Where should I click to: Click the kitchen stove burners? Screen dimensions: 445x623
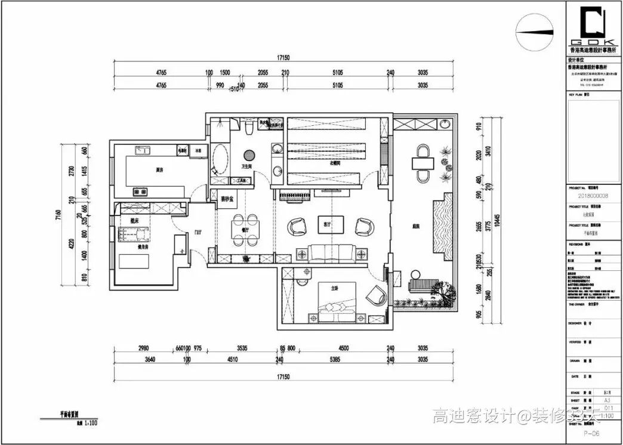point(141,191)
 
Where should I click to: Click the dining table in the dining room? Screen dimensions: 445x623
point(245,228)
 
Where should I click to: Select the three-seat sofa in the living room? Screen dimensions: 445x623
point(333,252)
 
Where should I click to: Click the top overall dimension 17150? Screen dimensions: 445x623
point(283,58)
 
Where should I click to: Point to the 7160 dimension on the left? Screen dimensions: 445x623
point(59,216)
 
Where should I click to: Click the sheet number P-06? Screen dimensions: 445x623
point(591,433)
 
